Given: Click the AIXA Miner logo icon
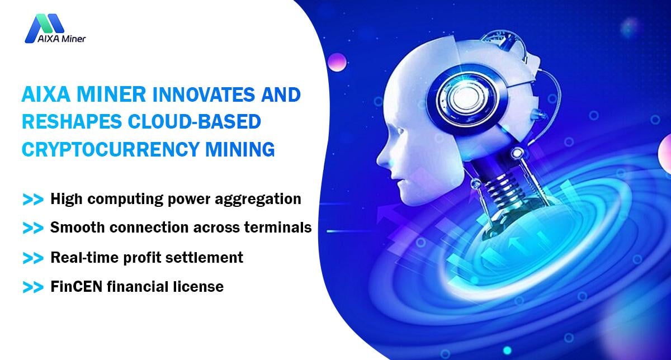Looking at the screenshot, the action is [x=44, y=28].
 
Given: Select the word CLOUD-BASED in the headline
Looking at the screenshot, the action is [x=194, y=122].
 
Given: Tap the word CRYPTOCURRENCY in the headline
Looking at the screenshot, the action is [x=111, y=149].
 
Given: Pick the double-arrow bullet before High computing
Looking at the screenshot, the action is [x=33, y=200].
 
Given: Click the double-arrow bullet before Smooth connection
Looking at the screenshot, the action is [x=33, y=228].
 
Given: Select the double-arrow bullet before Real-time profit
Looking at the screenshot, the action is [x=33, y=258].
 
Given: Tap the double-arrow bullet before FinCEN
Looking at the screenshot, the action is [x=33, y=287].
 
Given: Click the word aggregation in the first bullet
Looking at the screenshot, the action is [x=258, y=200].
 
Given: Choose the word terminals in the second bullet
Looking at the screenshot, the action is [x=278, y=228].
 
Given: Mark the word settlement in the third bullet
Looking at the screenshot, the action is [x=204, y=258].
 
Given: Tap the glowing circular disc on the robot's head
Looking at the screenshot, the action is [x=463, y=97].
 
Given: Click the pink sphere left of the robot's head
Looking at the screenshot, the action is [x=337, y=62].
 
